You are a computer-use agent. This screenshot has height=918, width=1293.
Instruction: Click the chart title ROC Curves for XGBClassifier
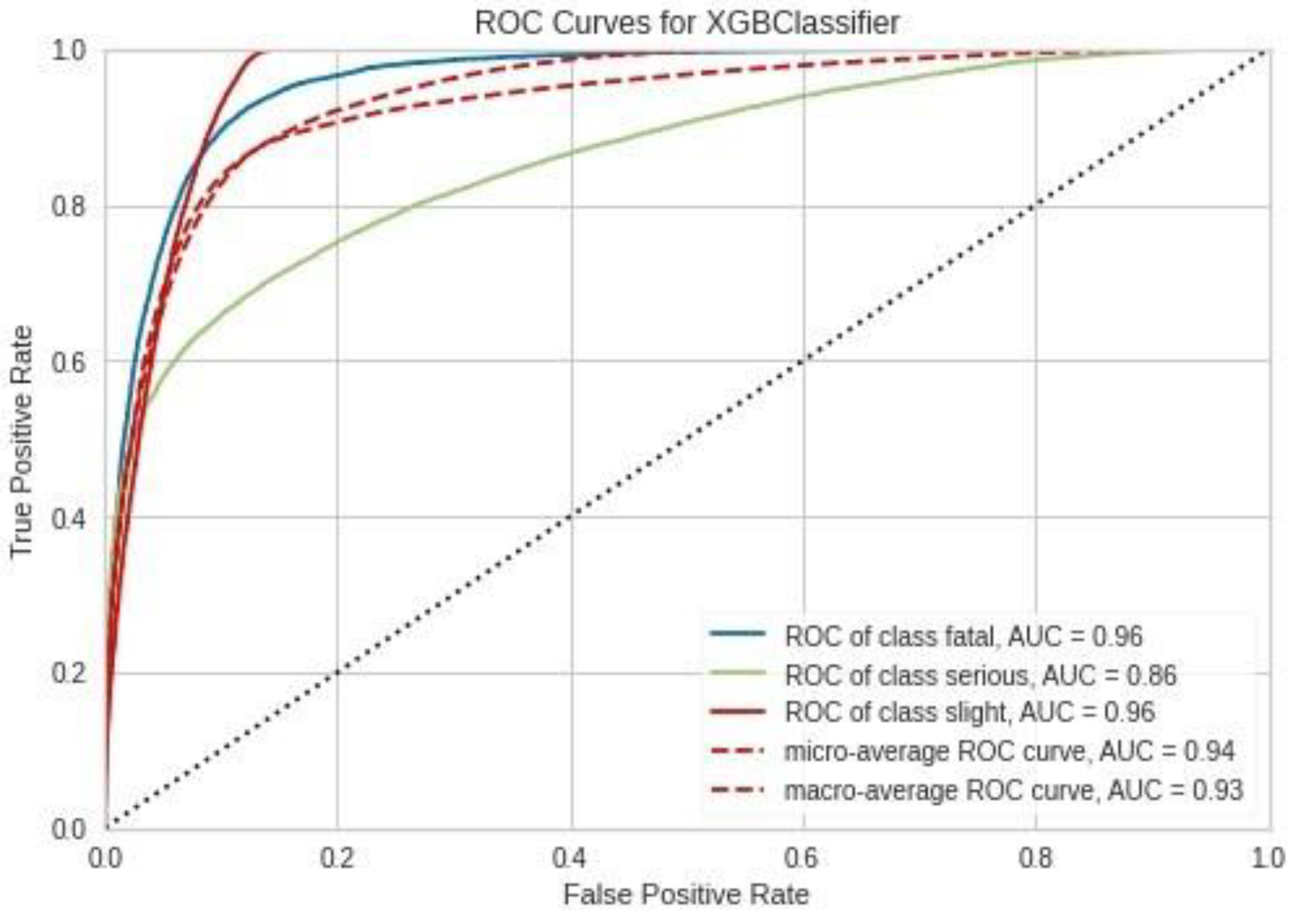point(686,24)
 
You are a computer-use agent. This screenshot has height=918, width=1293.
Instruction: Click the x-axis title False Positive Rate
point(686,894)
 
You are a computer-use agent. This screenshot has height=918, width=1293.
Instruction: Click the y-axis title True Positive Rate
point(22,441)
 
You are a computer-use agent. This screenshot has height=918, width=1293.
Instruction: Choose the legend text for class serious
point(980,675)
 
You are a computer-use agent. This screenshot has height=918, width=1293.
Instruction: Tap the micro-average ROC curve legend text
point(1009,751)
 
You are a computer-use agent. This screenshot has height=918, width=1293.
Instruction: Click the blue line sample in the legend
point(738,634)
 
